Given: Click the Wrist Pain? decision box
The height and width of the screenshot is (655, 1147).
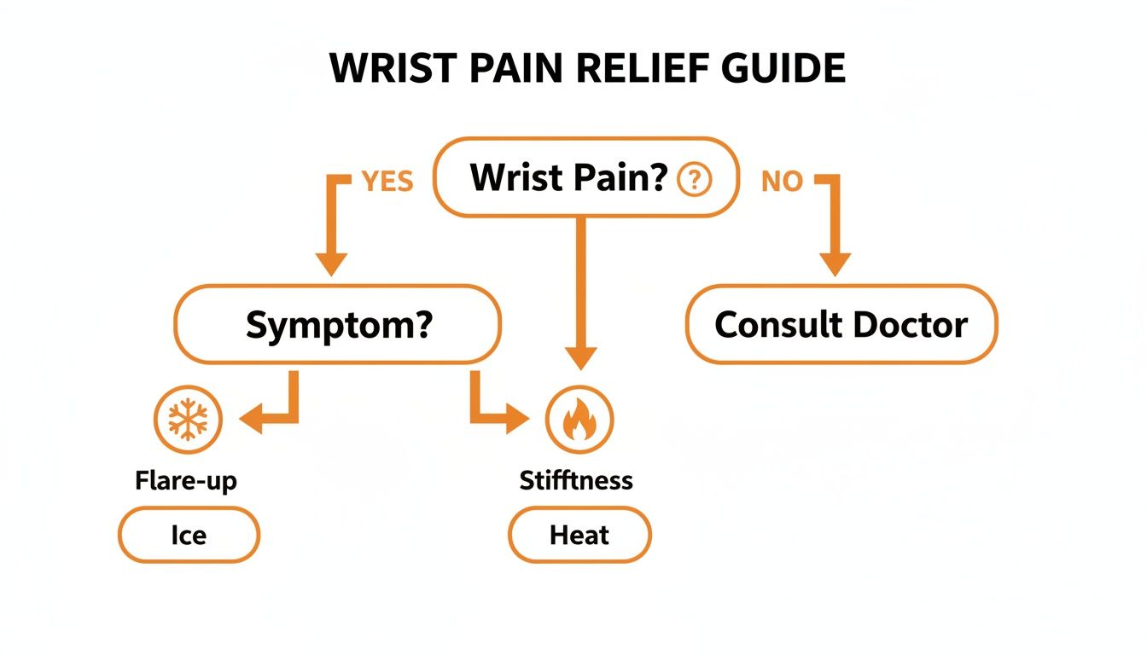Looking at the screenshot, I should pyautogui.click(x=585, y=177).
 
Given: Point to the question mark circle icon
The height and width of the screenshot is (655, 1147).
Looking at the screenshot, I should pyautogui.click(x=694, y=179).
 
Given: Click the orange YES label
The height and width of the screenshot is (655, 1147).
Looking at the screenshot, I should pyautogui.click(x=387, y=181).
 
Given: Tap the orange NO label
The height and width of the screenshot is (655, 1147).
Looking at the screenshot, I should pyautogui.click(x=781, y=181).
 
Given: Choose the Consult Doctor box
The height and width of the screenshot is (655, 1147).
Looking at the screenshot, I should pyautogui.click(x=841, y=325).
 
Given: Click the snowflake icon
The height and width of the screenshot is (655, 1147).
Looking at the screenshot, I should pyautogui.click(x=187, y=420).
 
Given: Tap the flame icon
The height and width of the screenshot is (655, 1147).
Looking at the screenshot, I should pyautogui.click(x=579, y=420).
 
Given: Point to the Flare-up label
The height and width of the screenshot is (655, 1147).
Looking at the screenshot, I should pyautogui.click(x=186, y=480).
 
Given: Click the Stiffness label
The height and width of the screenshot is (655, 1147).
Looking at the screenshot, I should pyautogui.click(x=576, y=480).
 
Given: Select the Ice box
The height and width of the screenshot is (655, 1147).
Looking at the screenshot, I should pyautogui.click(x=188, y=535).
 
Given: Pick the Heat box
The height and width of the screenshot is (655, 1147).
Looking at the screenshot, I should pyautogui.click(x=579, y=535).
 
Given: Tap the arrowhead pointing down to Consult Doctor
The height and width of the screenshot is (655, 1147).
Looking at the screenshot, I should pyautogui.click(x=835, y=262).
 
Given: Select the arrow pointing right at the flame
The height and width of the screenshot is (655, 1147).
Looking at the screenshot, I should pyautogui.click(x=515, y=419).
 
